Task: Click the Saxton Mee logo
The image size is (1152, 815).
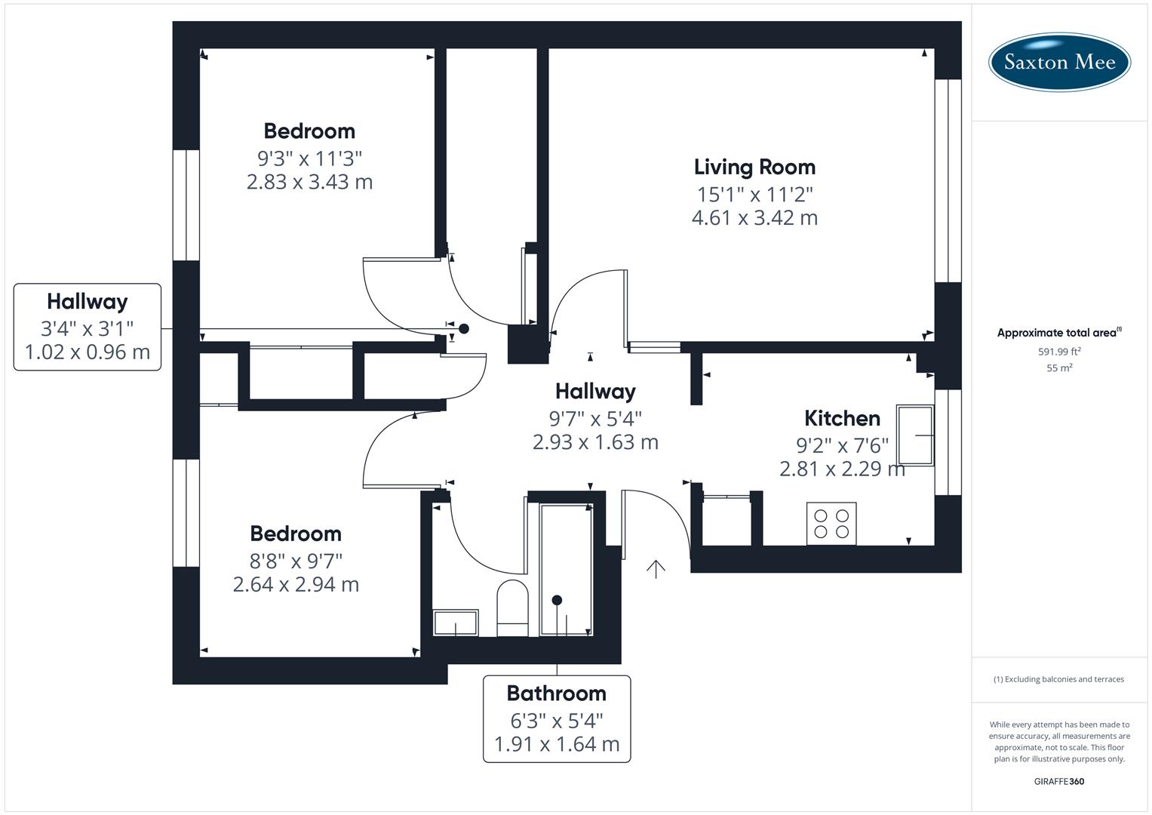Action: pos(1058,62)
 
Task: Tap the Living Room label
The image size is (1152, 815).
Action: pos(754,167)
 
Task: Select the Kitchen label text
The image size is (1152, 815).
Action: pos(842,418)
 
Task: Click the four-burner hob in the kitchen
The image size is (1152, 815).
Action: pos(831,523)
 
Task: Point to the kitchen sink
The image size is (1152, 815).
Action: pos(914,435)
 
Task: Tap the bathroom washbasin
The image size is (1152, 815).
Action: pos(455,623)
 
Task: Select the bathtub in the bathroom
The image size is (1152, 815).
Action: pos(566,570)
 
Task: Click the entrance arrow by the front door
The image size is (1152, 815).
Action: pos(656,569)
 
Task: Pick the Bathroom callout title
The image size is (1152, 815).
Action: pos(556,693)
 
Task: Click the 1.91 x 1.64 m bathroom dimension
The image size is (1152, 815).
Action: pos(556,744)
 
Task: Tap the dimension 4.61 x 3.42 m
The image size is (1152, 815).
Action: pos(754,217)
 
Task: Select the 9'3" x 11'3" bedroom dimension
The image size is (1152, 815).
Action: pos(309,158)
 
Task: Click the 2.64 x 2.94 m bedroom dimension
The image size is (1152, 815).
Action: pos(296,584)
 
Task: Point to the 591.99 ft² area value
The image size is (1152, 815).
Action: pos(1058,352)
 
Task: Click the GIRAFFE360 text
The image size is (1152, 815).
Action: pos(1058,781)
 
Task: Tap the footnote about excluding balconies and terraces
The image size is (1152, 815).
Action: pos(1058,679)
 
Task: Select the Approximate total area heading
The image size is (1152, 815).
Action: pos(1058,333)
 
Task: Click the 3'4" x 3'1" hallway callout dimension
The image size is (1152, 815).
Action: pos(87,328)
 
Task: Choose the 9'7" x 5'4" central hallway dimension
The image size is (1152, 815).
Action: pos(595,418)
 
